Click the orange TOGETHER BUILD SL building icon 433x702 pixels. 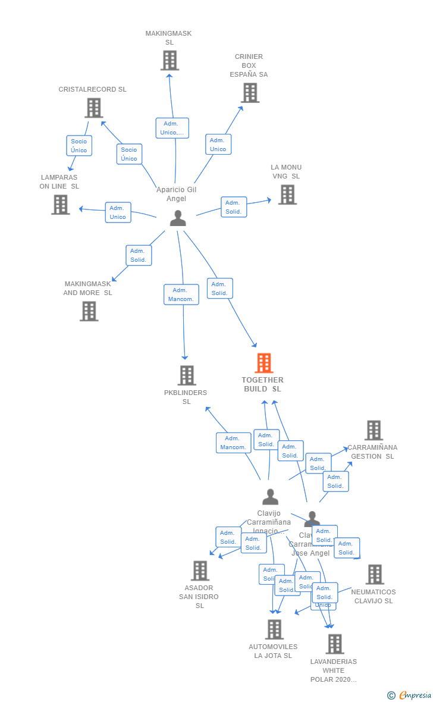point(263,363)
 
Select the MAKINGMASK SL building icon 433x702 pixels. point(170,60)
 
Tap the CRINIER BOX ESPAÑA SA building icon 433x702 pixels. point(250,93)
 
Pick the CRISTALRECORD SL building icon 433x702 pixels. point(93,108)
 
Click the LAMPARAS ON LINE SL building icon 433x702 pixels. point(60,205)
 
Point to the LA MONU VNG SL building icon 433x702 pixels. point(287,195)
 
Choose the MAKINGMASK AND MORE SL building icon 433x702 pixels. point(89,311)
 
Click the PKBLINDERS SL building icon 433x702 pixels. point(187,375)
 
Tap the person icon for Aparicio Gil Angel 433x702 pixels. point(177,218)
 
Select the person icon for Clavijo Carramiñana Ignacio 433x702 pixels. point(270,497)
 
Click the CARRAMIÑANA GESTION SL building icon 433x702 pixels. point(374,430)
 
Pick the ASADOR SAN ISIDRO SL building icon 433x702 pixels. point(200,571)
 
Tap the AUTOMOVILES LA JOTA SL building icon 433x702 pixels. point(274,629)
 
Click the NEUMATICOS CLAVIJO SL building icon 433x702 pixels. point(375,575)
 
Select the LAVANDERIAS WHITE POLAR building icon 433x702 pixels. point(335,644)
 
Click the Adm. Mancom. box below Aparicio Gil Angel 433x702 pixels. point(181,294)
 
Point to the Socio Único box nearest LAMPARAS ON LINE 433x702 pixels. point(79,146)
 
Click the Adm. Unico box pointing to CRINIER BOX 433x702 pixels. point(218,145)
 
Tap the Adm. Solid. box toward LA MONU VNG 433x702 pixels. point(234,207)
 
